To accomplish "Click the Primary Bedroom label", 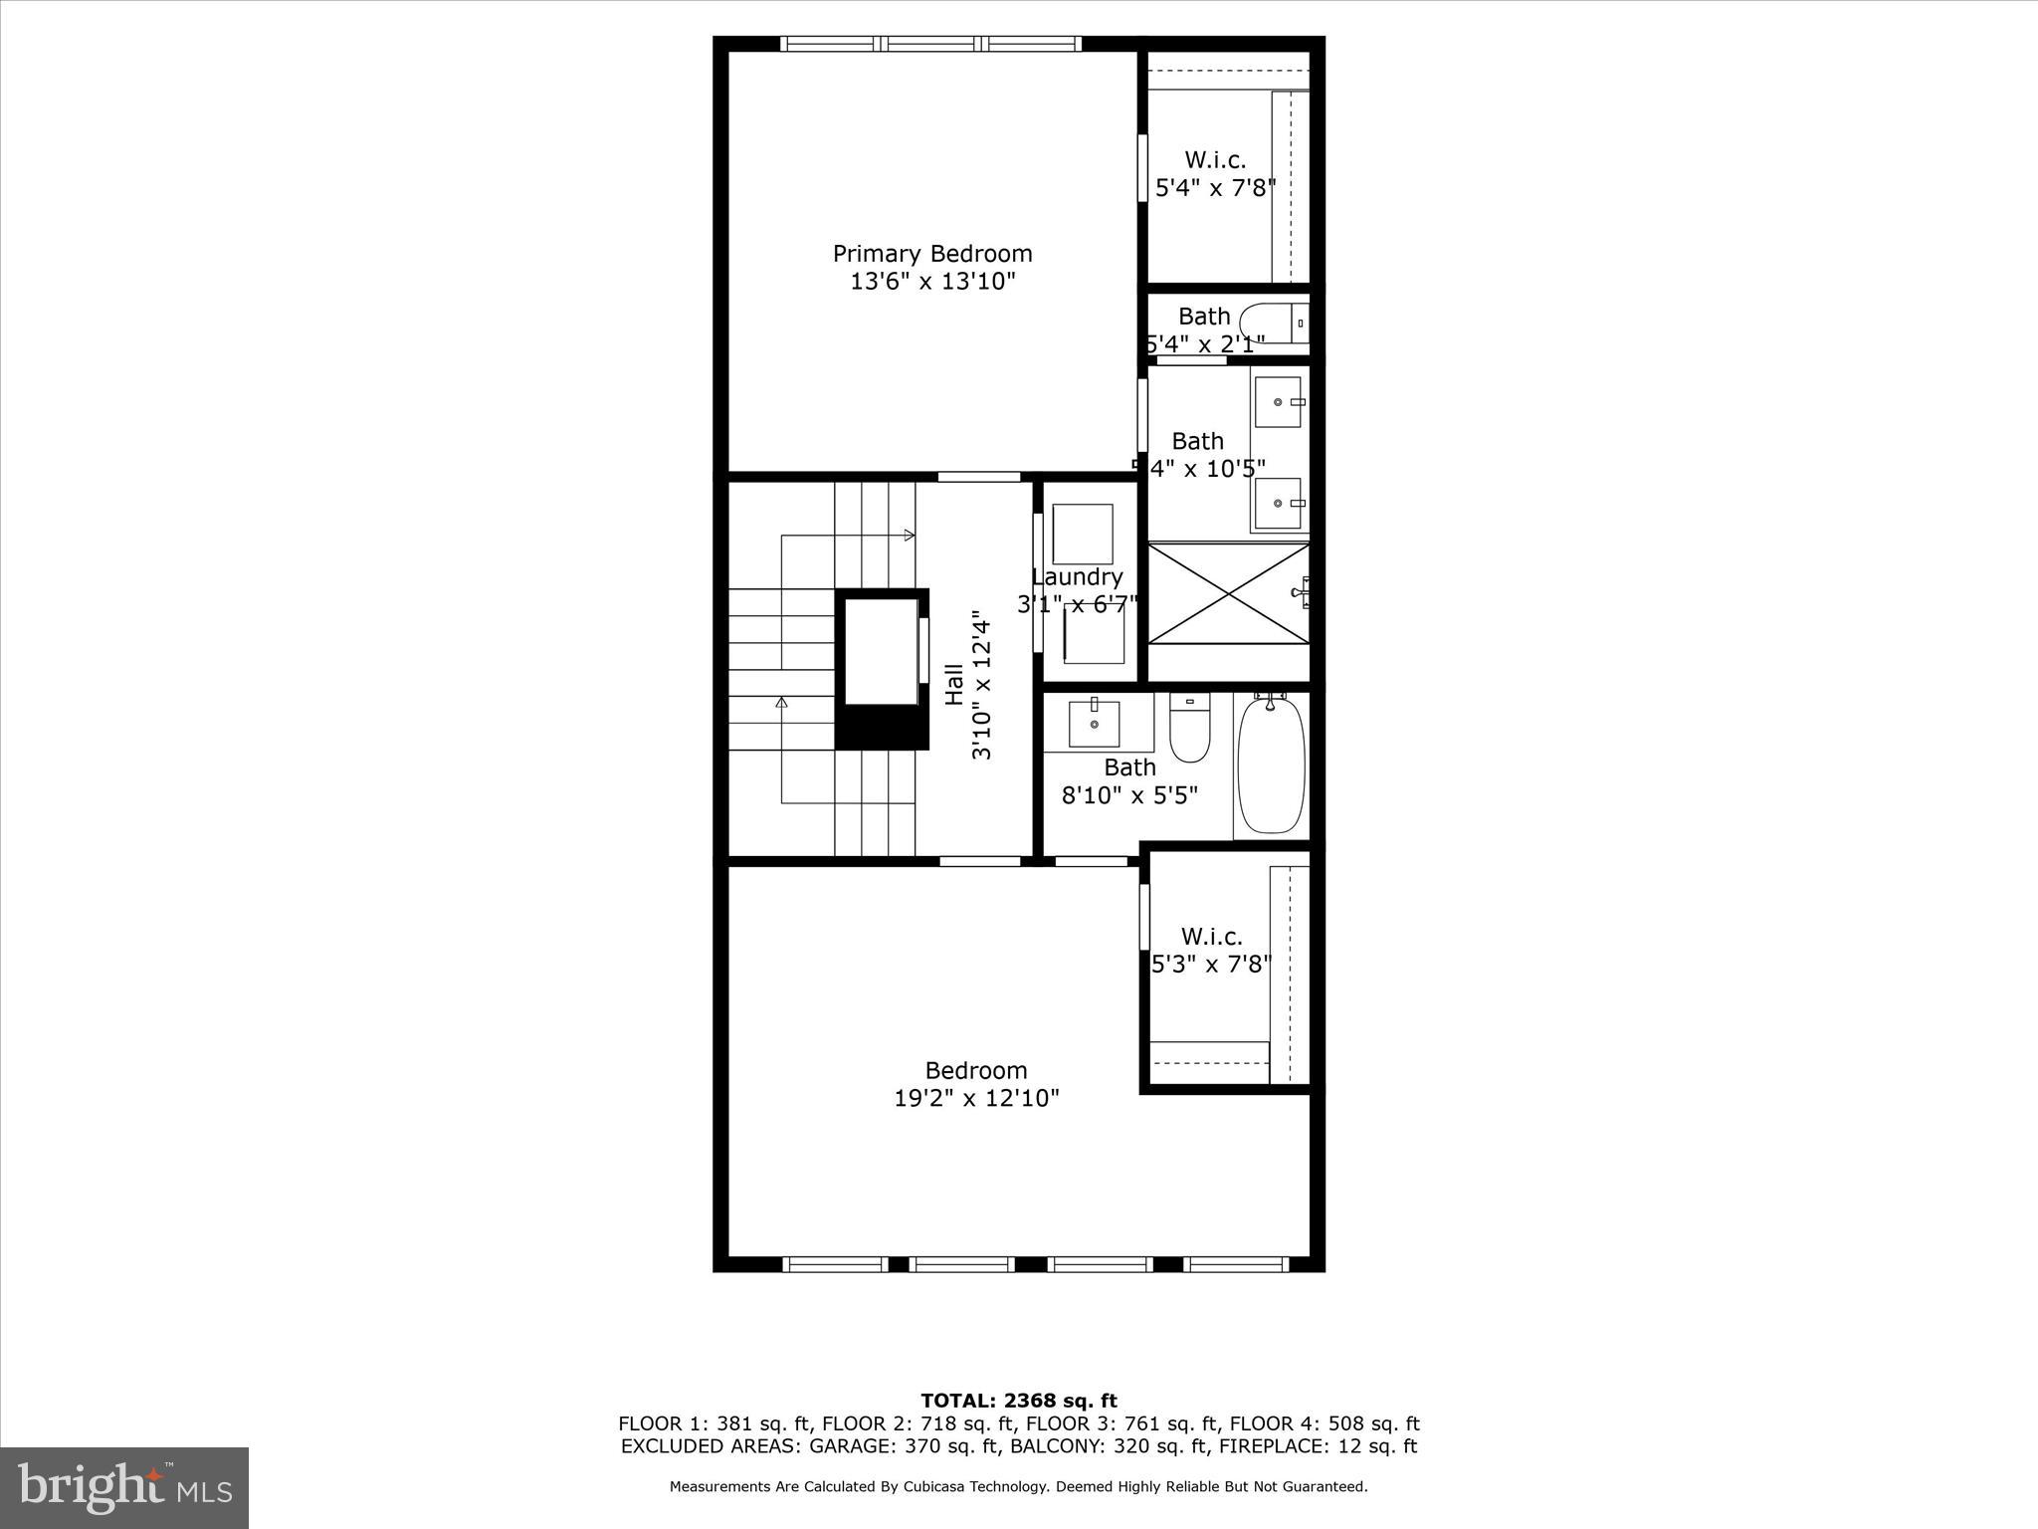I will coord(932,254).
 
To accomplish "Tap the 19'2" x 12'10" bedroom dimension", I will coord(976,1098).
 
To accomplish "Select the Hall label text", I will coord(954,685).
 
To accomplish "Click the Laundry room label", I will coord(1077,577).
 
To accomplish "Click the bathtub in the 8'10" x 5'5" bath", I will coord(1271,764).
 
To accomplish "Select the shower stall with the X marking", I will coord(1229,593).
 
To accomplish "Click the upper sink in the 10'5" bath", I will coord(1278,401).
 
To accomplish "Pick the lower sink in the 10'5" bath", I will coord(1278,503).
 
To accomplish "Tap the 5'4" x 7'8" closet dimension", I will coord(1215,188).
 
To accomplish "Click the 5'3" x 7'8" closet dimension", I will coord(1211,965).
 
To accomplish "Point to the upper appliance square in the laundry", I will coord(1083,534).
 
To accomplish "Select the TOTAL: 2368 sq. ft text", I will coord(1018,1402).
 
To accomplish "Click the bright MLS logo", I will coord(124,1487).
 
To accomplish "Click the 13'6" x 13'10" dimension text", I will coord(932,282).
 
